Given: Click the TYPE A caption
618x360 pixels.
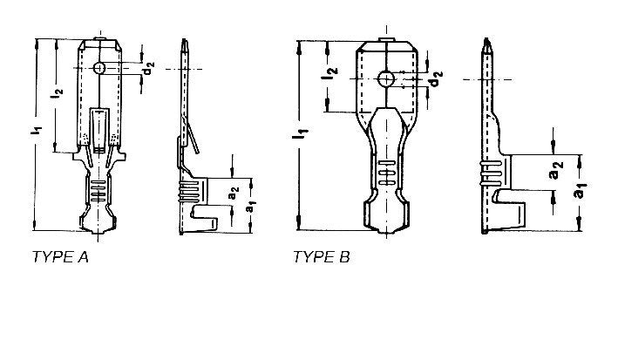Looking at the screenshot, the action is [60, 257].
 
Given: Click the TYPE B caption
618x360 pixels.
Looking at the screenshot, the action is [322, 257].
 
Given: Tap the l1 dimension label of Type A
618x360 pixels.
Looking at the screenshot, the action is [36, 131].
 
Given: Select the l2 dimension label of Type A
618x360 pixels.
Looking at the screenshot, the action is [58, 93].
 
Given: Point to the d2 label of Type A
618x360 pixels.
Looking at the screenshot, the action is [148, 68].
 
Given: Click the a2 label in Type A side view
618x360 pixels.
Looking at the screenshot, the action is [234, 194].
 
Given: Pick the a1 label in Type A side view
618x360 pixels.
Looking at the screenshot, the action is [250, 206].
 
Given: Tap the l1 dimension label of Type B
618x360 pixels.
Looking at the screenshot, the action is [301, 133].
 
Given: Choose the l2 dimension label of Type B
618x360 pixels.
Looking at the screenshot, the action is [329, 73].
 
